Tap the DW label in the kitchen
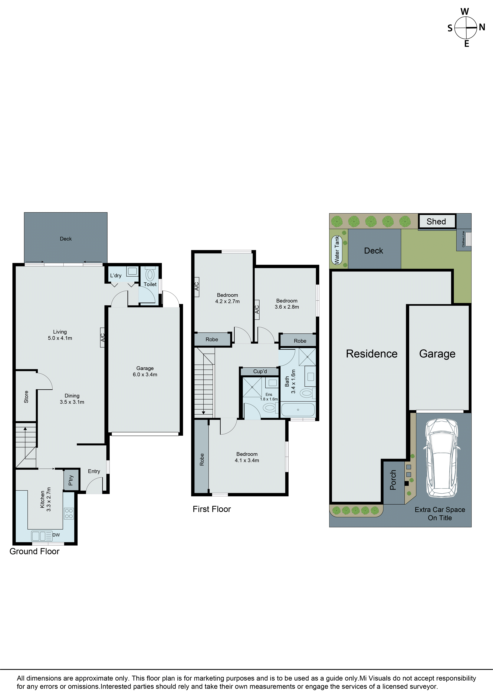click(56, 535)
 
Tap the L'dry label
click(116, 276)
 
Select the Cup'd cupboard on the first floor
click(260, 371)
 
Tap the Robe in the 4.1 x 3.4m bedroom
click(202, 459)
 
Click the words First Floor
click(212, 509)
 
